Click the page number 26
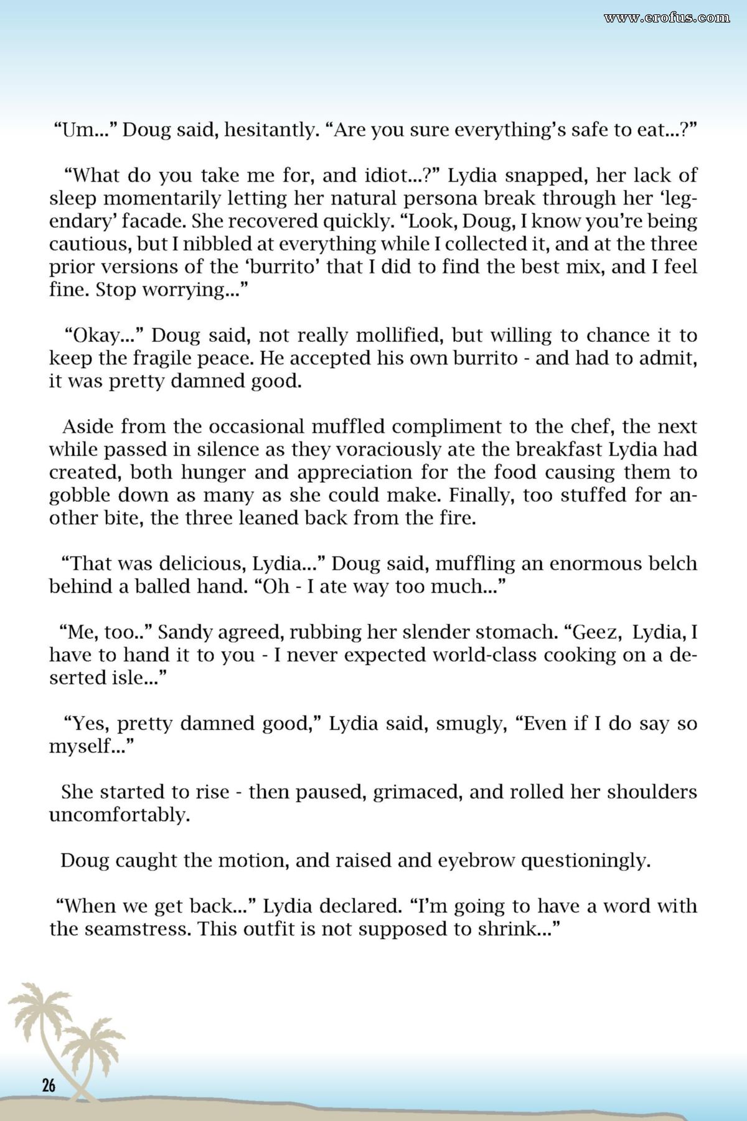(49, 1085)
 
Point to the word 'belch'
(670, 564)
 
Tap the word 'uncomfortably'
(119, 815)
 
